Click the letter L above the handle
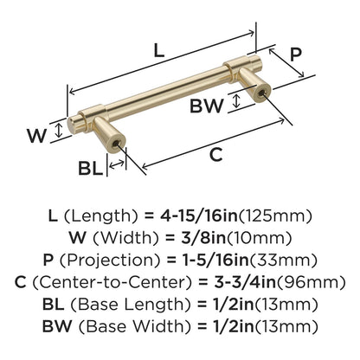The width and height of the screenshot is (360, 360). coord(159,50)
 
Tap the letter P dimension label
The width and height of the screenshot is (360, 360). coord(295,55)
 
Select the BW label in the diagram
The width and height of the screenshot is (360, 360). coord(207,106)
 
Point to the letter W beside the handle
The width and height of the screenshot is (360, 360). coord(36,136)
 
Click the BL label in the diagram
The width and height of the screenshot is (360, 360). coord(91,168)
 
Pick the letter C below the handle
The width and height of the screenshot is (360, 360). coord(215,155)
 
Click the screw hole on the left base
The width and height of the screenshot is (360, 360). coord(116,144)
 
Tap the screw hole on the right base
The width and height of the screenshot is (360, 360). coord(261,93)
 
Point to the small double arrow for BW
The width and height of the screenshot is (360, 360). coord(236,100)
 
